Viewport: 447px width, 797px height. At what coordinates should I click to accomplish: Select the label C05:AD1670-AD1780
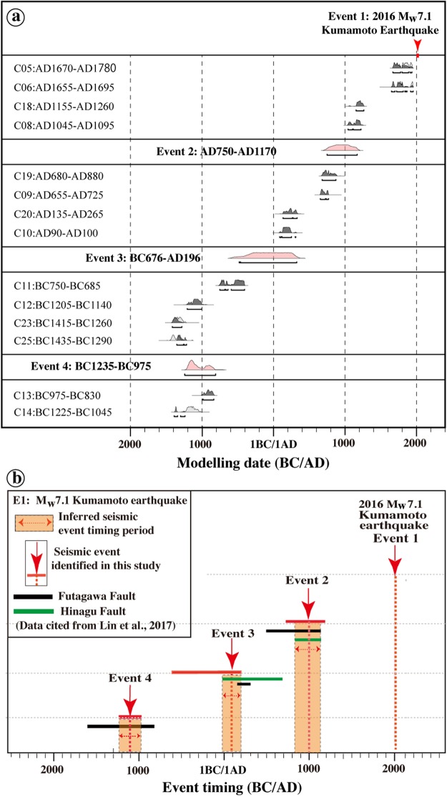coord(65,69)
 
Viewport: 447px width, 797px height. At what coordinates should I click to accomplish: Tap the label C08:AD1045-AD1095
coord(63,125)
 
